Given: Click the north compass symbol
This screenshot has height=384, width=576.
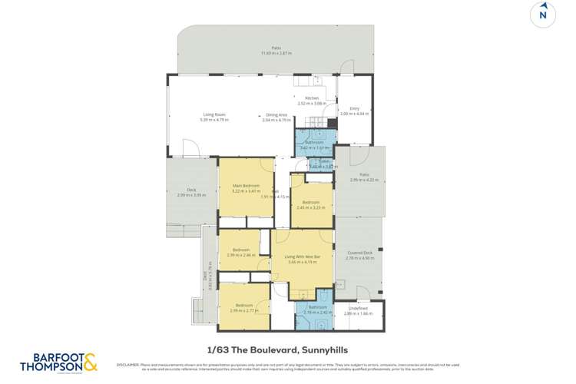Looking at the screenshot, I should pyautogui.click(x=543, y=15).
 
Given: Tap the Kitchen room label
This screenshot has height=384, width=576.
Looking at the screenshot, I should pyautogui.click(x=312, y=98).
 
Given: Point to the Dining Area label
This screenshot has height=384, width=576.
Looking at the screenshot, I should pyautogui.click(x=276, y=115).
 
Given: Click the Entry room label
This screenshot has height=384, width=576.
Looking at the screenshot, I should pyautogui.click(x=355, y=108).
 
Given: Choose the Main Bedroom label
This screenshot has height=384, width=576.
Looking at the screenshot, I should pyautogui.click(x=247, y=186).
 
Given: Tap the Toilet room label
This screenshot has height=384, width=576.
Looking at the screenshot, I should pyautogui.click(x=313, y=161).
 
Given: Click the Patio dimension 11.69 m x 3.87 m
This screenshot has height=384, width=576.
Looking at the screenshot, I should pyautogui.click(x=276, y=53).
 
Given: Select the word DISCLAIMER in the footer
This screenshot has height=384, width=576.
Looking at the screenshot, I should pyautogui.click(x=127, y=365).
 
